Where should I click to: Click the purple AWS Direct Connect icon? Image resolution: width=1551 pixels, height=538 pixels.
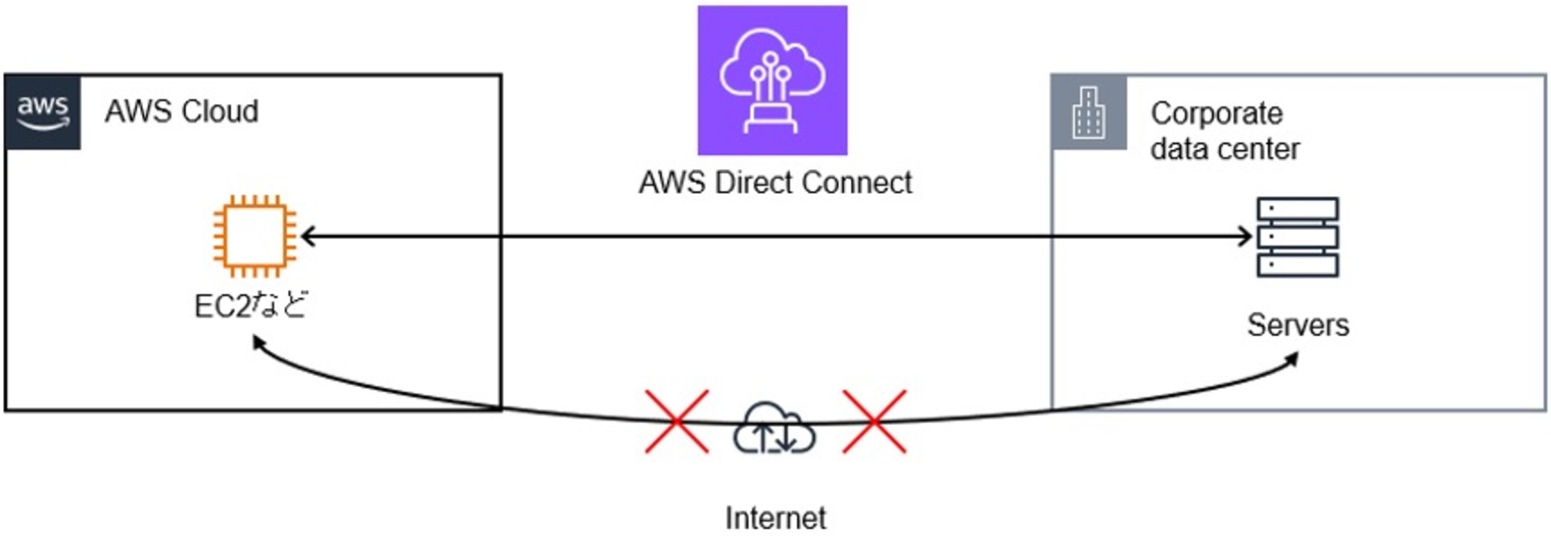[772, 81]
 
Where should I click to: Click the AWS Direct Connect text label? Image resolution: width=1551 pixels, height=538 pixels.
[775, 183]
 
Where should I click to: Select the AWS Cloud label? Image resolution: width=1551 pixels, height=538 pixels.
[182, 111]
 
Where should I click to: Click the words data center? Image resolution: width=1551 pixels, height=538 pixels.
[1225, 150]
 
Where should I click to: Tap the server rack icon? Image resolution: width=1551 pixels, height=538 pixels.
[1296, 237]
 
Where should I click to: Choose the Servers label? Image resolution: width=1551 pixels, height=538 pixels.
[1298, 324]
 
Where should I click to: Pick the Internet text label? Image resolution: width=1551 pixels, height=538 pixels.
[775, 518]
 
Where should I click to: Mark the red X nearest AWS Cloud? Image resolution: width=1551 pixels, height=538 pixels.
[677, 422]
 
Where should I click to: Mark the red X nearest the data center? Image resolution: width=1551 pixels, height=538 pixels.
[874, 422]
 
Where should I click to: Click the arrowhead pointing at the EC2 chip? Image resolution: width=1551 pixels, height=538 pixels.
[307, 237]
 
